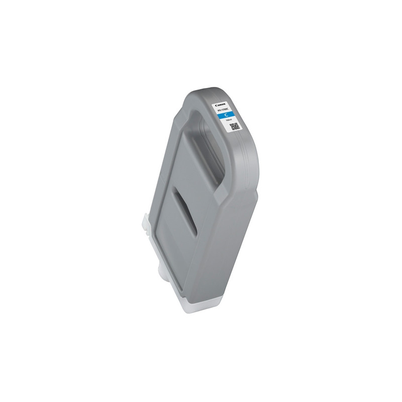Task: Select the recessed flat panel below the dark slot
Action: (191, 251)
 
